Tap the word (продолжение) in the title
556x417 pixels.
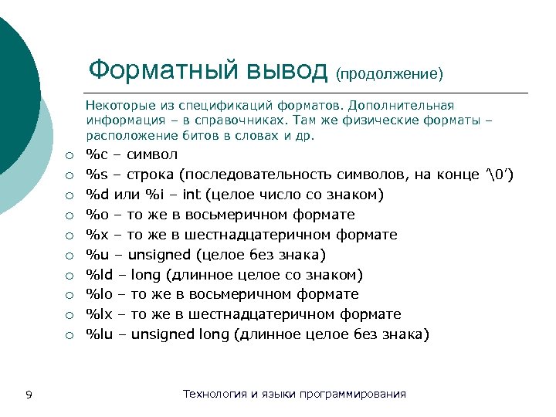tap(389, 73)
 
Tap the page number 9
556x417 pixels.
tap(29, 395)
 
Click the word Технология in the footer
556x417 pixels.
tap(215, 394)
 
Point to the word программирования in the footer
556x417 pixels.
tap(358, 394)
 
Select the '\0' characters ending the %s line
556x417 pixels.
tap(498, 175)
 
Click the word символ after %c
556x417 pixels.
tap(154, 154)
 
